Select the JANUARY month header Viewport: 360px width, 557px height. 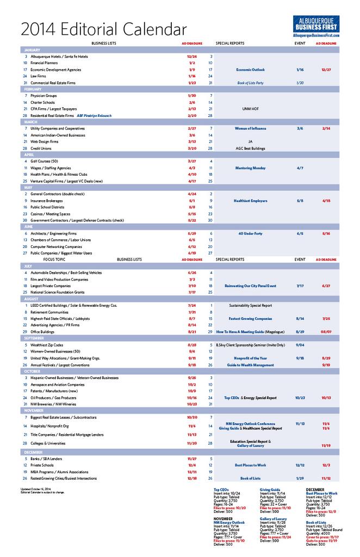tap(32, 49)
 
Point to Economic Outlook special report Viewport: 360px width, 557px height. tap(250, 70)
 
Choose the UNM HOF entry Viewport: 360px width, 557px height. tap(250, 109)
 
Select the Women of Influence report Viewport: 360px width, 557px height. tap(250, 128)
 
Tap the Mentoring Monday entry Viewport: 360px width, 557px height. tap(250, 168)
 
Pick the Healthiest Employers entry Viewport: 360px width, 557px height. tap(250, 200)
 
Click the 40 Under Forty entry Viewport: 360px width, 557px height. tap(250, 233)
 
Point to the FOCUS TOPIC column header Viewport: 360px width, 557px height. tap(54, 259)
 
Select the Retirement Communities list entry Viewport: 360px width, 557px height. tap(50, 312)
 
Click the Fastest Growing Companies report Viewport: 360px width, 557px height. tap(250, 319)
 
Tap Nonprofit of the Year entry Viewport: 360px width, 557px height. tap(250, 358)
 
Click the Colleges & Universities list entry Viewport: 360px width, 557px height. tap(49, 443)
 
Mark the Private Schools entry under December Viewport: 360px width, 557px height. tap(42, 465)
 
